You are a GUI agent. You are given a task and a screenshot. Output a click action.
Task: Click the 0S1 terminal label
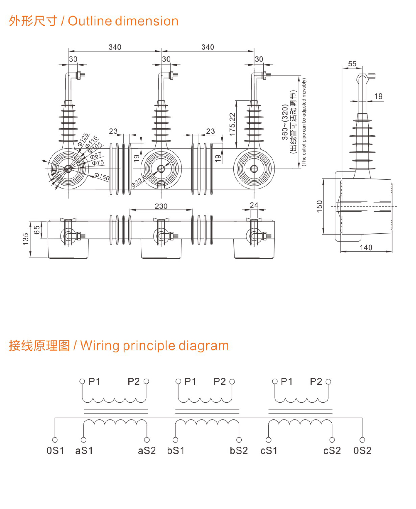coord(55,451)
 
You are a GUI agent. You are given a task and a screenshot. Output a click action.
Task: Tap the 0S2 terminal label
coord(362,451)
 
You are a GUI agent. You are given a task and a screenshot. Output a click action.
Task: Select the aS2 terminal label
coord(147,451)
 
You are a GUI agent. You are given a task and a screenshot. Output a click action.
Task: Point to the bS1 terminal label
coord(176,451)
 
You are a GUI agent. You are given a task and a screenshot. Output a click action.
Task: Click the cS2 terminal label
coord(332,451)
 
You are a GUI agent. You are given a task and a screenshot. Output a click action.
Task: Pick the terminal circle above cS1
coord(269,440)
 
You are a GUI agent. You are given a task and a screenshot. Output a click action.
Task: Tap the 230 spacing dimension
coord(161,206)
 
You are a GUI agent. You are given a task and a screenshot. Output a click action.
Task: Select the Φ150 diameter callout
coord(102,177)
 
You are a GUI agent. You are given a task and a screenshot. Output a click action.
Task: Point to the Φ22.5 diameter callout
coord(139,181)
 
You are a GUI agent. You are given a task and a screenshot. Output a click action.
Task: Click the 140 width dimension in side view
coord(366,248)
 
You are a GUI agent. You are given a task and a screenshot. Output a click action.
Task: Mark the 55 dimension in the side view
coord(352,64)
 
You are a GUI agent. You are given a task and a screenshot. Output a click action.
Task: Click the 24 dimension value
coord(254,205)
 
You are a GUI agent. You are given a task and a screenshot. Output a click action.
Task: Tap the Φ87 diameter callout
coord(96,155)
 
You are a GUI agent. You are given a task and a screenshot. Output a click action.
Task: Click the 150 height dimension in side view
coord(319,206)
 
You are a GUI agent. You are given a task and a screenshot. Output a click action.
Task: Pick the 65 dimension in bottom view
coord(37,230)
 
